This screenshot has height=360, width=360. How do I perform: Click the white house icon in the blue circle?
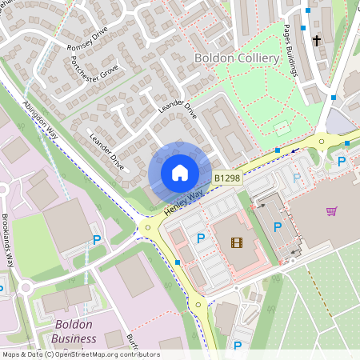click(180, 173)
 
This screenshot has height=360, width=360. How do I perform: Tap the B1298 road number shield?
click(226, 178)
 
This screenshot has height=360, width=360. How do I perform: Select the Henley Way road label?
click(184, 201)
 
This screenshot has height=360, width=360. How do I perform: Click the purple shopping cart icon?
click(331, 211)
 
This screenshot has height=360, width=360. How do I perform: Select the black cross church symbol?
click(316, 39)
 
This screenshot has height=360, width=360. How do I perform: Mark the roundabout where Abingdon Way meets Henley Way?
click(146, 228)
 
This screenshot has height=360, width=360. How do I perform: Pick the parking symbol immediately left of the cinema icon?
click(200, 238)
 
